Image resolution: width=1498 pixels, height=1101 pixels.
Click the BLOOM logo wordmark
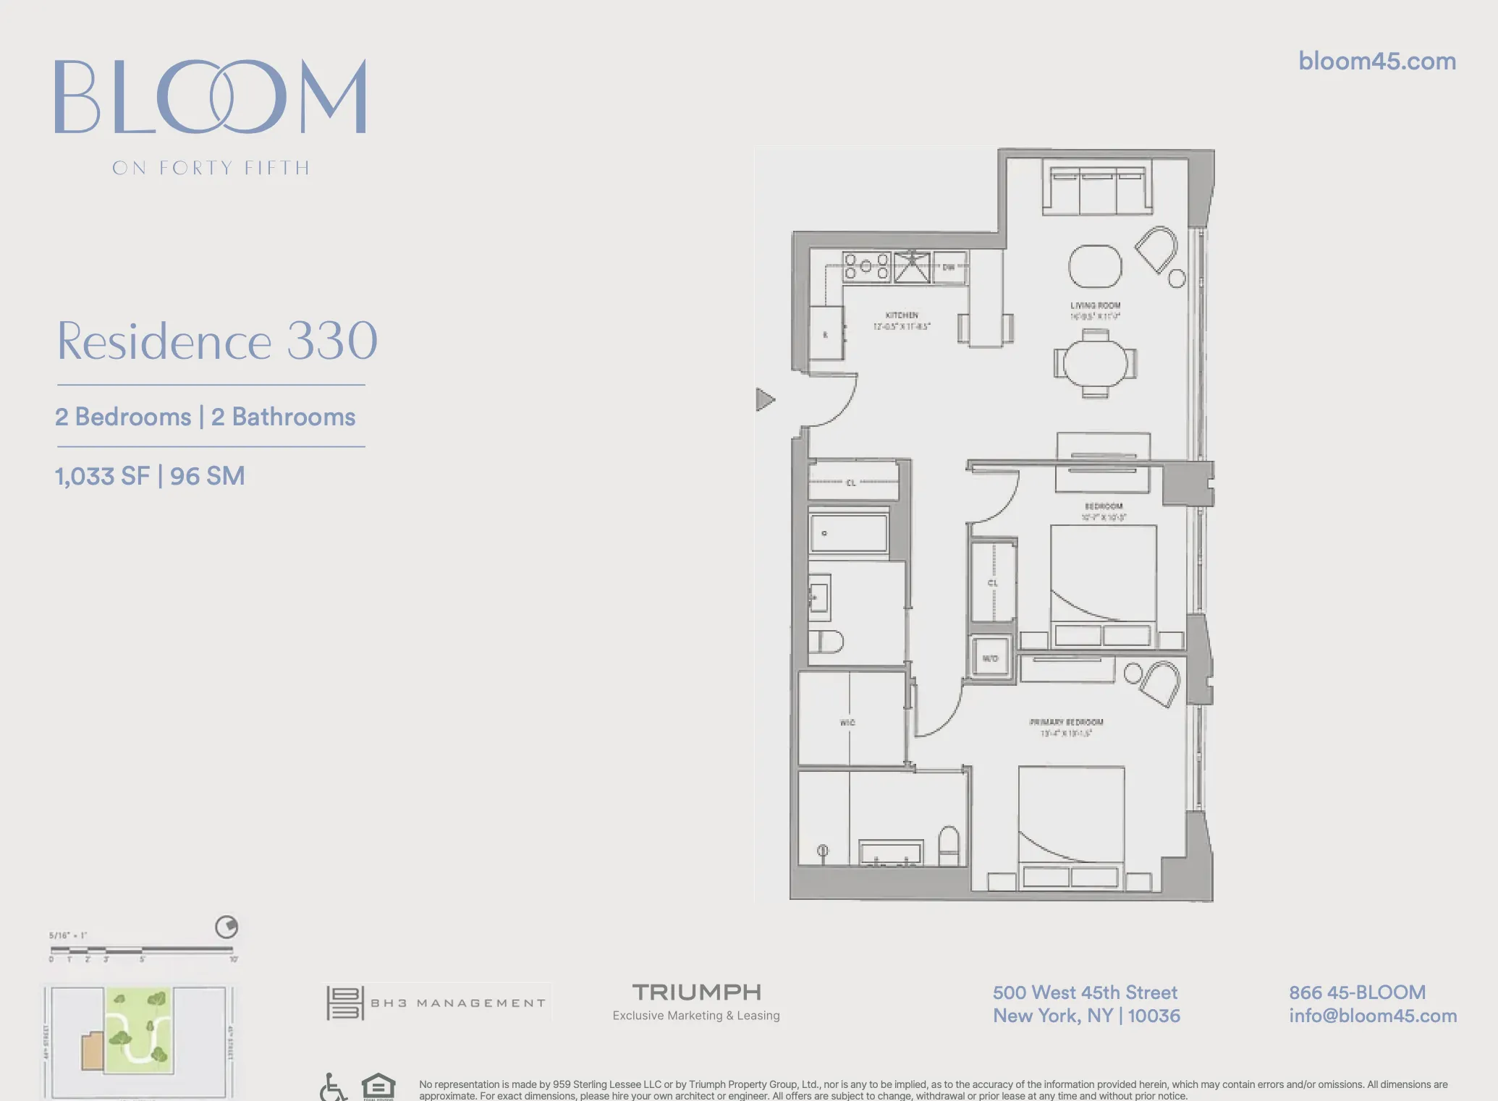point(210,97)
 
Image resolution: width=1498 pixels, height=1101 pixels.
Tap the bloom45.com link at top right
point(1376,61)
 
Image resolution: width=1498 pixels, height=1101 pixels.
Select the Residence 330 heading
point(217,341)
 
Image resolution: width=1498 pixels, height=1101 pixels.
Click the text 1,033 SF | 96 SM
point(150,476)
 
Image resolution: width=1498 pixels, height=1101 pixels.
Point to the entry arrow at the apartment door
point(765,399)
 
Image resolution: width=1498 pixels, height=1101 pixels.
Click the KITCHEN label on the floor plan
point(902,315)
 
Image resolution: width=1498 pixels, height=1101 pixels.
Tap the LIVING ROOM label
point(1095,305)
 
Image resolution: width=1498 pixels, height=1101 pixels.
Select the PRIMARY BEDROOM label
point(1066,722)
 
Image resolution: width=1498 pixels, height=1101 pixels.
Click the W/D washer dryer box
point(990,658)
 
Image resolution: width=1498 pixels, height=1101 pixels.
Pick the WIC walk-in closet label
point(847,723)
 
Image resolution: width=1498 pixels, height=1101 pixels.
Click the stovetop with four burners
point(866,266)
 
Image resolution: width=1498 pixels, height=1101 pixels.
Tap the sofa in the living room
point(1097,190)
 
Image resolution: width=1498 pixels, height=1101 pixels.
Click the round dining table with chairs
point(1095,363)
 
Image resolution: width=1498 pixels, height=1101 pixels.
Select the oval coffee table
point(1095,266)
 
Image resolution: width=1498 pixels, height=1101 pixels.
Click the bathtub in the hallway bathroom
point(849,533)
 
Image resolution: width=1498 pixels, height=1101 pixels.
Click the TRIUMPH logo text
point(696,992)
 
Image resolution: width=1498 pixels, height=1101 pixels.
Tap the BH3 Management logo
point(436,1003)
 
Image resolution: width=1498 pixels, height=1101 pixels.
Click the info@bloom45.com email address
point(1372,1016)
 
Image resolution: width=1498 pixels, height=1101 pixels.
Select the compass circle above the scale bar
point(227,927)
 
